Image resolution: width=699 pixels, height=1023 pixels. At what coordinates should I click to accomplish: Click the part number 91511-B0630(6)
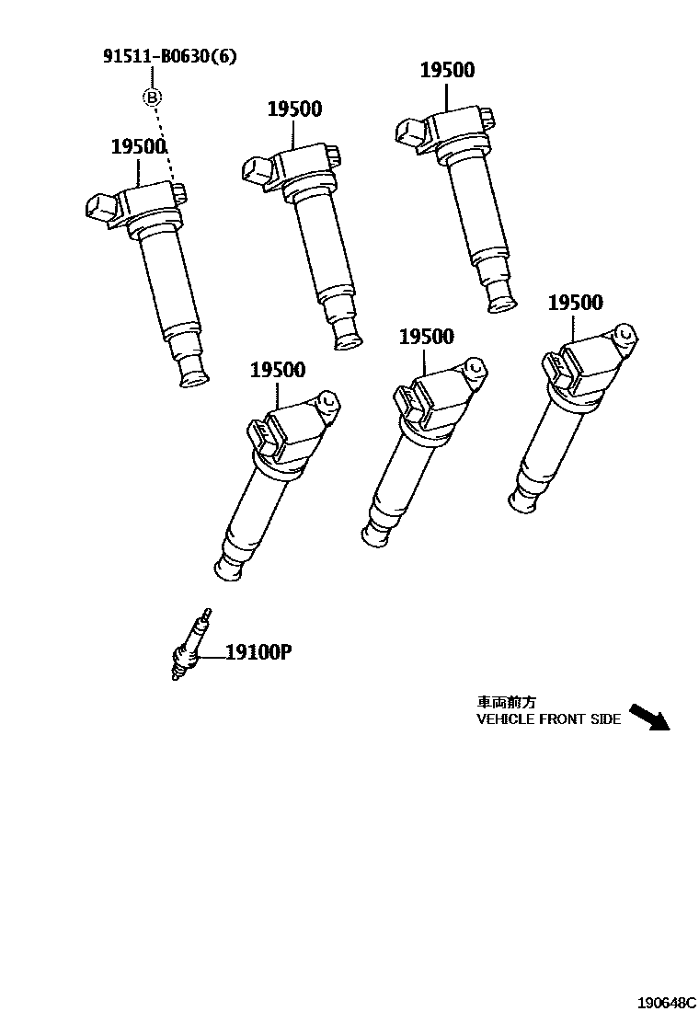[x=169, y=57]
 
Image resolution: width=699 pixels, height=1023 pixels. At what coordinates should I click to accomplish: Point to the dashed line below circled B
[x=164, y=143]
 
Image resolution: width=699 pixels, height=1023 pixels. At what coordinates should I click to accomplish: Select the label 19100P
[x=258, y=653]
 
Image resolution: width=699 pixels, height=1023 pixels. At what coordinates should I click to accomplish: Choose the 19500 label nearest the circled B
[x=138, y=146]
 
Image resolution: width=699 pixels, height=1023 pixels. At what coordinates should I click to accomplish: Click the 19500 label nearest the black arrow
[x=575, y=303]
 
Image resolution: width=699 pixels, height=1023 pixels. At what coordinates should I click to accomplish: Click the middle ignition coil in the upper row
[x=313, y=239]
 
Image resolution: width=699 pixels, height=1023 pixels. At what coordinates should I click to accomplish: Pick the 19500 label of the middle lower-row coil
[x=426, y=337]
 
